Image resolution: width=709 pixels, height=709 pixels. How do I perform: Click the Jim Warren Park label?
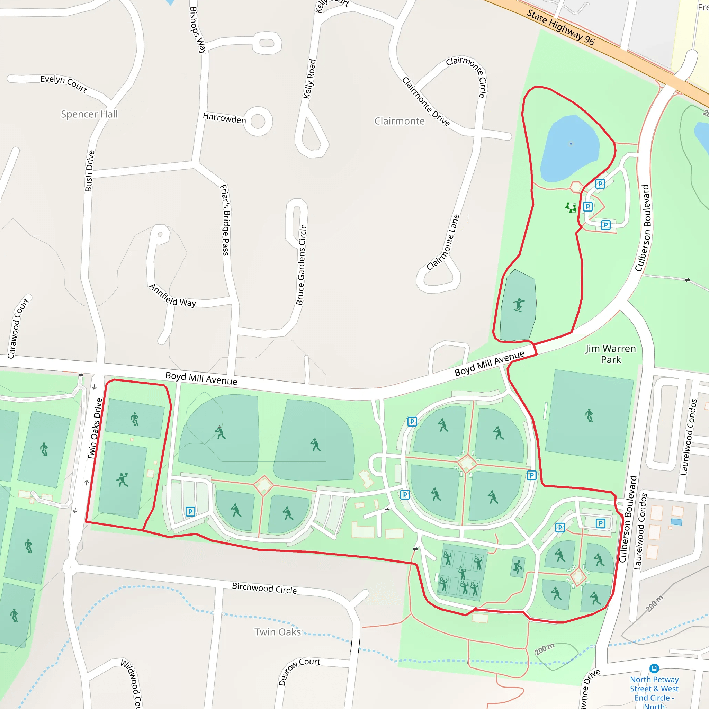[x=611, y=354]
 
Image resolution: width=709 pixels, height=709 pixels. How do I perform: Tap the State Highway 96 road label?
[x=560, y=27]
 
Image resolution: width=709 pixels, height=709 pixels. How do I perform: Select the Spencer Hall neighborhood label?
[x=89, y=114]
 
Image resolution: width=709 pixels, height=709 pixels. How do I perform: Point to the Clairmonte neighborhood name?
[x=399, y=121]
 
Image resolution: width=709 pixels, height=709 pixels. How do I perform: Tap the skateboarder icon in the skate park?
[x=519, y=305]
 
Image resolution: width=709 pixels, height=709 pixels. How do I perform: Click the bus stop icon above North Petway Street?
[x=654, y=668]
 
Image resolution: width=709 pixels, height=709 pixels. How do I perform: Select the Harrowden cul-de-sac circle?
[x=258, y=122]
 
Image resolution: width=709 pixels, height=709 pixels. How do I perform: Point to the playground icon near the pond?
[x=571, y=208]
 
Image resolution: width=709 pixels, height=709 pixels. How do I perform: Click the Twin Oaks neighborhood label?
[x=278, y=632]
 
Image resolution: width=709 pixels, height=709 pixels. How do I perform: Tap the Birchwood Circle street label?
[x=264, y=588]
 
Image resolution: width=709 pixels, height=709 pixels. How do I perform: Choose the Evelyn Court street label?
[x=64, y=83]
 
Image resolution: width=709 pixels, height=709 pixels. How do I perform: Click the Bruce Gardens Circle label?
[x=301, y=264]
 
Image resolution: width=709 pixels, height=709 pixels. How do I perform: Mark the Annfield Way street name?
[x=172, y=295]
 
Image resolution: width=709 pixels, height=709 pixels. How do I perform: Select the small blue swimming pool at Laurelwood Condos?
[x=676, y=522]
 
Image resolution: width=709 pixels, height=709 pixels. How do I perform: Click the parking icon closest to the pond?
[x=600, y=184]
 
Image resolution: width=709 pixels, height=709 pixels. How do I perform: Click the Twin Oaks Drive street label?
[x=95, y=429]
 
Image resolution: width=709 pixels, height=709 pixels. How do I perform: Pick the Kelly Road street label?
[x=309, y=79]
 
